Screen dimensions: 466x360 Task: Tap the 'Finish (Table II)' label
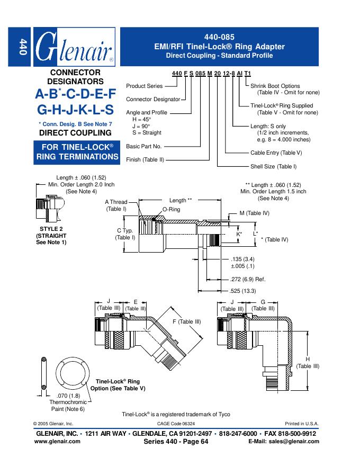(145, 159)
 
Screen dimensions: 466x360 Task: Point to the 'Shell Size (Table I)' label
(274, 166)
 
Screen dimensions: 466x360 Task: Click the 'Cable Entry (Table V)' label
(276, 153)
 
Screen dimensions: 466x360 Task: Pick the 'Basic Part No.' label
(143, 146)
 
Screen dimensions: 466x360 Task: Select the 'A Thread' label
(116, 202)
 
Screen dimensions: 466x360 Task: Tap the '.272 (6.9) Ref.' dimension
(247, 279)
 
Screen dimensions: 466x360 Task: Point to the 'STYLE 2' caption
(51, 229)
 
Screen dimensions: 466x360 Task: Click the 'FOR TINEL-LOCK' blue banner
(77, 151)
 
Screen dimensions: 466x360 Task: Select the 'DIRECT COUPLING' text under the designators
(75, 133)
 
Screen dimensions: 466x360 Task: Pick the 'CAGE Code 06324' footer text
(176, 424)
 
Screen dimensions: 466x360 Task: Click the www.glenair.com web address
(57, 441)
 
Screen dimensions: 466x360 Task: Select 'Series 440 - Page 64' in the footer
(176, 441)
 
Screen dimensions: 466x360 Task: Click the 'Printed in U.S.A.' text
(302, 424)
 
